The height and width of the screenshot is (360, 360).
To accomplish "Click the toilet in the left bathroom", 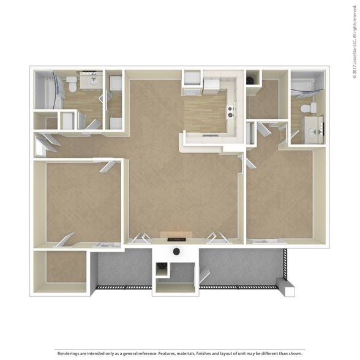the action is pos(72,84).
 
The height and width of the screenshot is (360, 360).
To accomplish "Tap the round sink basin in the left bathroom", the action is pos(94,81).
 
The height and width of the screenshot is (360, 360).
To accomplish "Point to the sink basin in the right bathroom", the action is pos(312,132).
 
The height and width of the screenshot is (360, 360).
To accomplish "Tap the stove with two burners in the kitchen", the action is pos(230,112).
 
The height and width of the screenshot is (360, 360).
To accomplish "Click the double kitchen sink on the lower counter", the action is pos(210,136).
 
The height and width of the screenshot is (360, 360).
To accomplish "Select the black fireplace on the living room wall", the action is pos(176,240).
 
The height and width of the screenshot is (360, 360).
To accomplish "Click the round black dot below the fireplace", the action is pos(176,252).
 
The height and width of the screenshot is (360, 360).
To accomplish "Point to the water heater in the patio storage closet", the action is pos(161,268).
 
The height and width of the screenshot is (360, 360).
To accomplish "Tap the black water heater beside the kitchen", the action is pos(250,80).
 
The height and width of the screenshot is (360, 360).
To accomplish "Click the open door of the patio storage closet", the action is pos(204,275).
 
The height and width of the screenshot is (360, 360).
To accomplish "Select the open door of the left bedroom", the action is pos(107,167).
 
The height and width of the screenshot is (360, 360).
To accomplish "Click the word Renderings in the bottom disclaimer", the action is pos(67,353).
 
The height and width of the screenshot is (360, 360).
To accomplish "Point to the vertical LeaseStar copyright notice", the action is pos(354,42).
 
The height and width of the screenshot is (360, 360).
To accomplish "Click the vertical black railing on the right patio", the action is pos(285,264).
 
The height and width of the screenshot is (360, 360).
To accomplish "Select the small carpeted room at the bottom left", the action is pos(66,266).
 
